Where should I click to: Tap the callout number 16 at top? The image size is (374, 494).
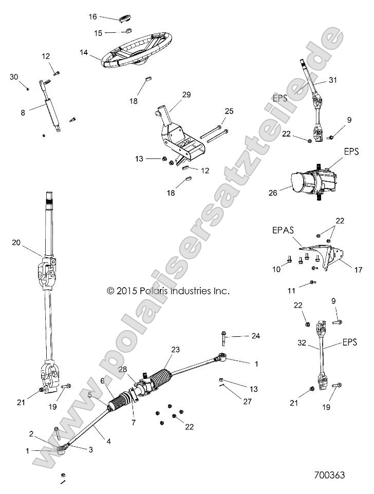pos(92,17)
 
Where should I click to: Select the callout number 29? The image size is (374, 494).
pos(186,94)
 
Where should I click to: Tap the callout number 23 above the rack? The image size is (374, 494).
pos(175,350)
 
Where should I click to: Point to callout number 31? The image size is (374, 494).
pos(333,80)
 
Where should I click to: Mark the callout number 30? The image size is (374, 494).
pos(14,77)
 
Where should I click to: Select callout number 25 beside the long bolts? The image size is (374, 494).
pos(229,111)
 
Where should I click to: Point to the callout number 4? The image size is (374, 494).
pos(108,441)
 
